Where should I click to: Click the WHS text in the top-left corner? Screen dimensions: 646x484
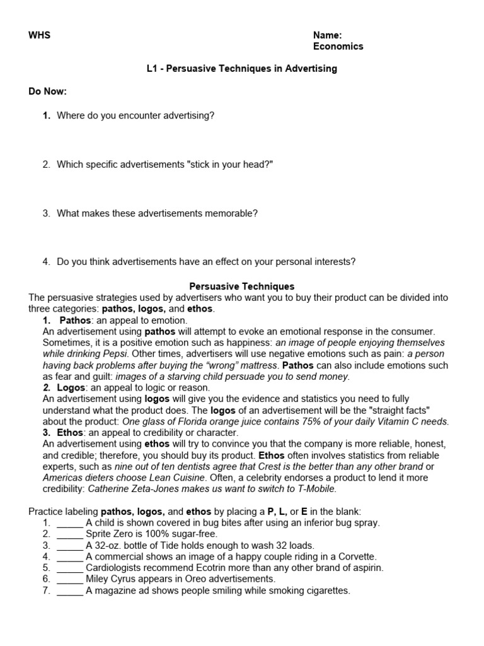[39, 35]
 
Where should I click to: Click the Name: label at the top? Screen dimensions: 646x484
[327, 35]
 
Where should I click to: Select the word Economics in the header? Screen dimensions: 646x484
[338, 46]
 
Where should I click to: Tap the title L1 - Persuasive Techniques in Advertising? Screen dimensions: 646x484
[241, 69]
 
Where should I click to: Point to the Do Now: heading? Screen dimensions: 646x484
[47, 91]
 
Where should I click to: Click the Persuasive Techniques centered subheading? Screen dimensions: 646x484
[242, 286]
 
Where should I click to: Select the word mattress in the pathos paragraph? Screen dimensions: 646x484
[259, 365]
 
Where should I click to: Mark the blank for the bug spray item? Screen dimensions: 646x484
[69, 523]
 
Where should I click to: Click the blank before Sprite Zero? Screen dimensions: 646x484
[69, 534]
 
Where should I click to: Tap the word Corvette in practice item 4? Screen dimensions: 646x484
[355, 557]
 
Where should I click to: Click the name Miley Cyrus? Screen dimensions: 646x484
[112, 579]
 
